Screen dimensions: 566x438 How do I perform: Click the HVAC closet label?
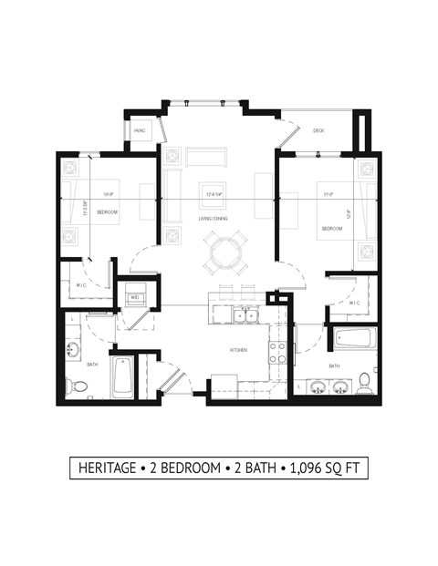tap(141, 131)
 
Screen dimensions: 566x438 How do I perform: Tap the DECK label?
tap(318, 131)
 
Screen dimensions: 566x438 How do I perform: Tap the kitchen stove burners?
tap(276, 353)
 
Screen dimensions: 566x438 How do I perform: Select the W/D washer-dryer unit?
tap(135, 297)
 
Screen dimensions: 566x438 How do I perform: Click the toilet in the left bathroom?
tap(78, 387)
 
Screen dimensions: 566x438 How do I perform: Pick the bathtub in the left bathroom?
tap(122, 376)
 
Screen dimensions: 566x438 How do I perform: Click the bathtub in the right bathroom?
tap(351, 338)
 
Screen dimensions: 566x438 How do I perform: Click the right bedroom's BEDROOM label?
tap(332, 228)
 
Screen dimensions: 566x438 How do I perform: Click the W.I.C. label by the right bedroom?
tap(354, 303)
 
